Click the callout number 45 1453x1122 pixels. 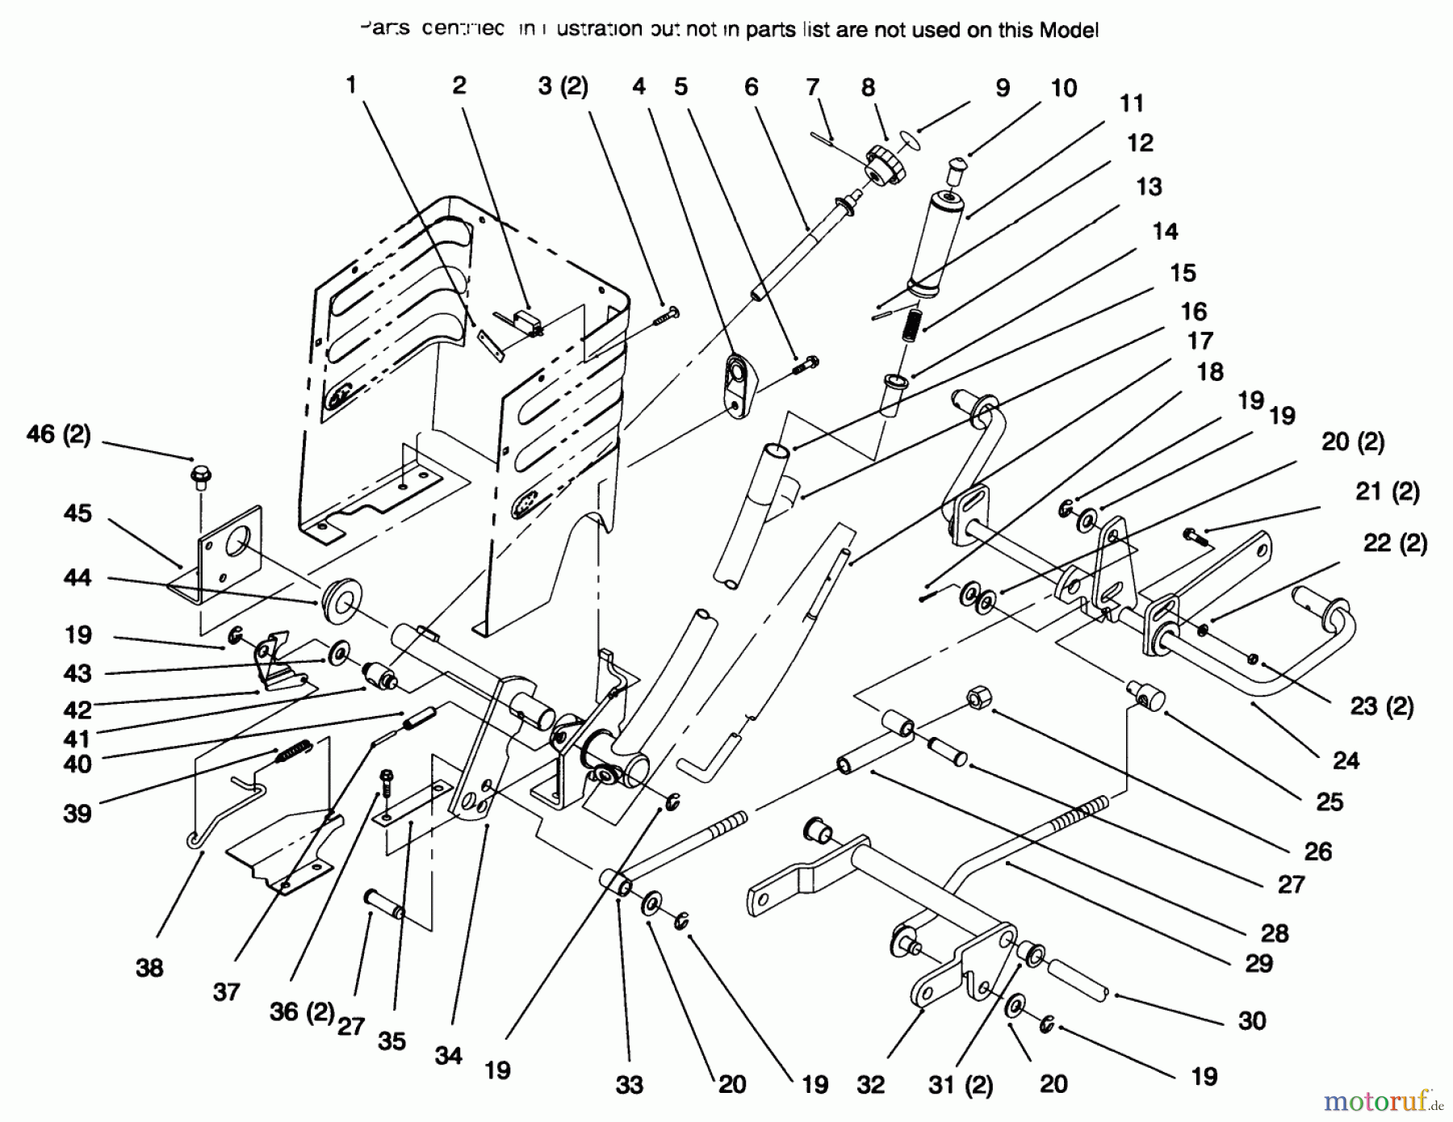(x=77, y=513)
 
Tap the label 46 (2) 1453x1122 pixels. (x=59, y=434)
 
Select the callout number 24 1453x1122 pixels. (x=1346, y=760)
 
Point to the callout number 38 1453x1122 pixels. (x=149, y=967)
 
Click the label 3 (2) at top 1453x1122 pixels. (x=563, y=86)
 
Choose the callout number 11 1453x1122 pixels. (x=1132, y=103)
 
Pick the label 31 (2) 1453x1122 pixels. (x=959, y=1085)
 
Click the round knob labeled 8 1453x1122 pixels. (x=884, y=163)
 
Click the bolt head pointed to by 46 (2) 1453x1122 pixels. (x=199, y=475)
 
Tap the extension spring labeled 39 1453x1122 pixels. (x=292, y=753)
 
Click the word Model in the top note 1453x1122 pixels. (x=1068, y=31)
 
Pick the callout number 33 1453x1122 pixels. (x=629, y=1085)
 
